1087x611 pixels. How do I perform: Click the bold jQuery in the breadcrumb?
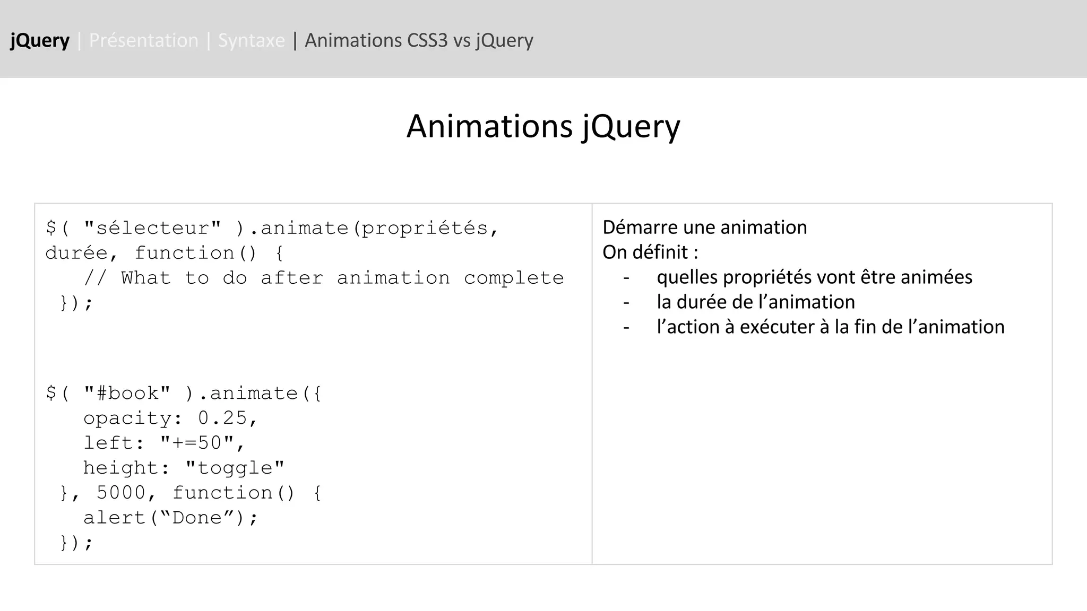[40, 41]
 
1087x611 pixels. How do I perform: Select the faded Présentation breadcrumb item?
[143, 41]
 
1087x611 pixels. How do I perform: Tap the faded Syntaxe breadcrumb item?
[251, 41]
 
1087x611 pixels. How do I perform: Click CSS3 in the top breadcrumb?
[427, 41]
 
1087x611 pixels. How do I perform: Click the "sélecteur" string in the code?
[152, 228]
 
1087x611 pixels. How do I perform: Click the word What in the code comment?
[146, 278]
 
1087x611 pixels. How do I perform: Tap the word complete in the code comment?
[513, 278]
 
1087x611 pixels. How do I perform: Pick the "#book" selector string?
[127, 394]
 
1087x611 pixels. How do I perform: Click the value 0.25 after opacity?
[222, 418]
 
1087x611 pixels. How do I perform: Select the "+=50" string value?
[197, 443]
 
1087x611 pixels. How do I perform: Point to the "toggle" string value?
[235, 468]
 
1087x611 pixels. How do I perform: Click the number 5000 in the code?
[120, 493]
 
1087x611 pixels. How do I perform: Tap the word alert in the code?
[115, 518]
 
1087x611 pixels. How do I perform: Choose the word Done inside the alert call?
[197, 518]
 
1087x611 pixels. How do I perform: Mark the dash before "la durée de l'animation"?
[626, 302]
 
